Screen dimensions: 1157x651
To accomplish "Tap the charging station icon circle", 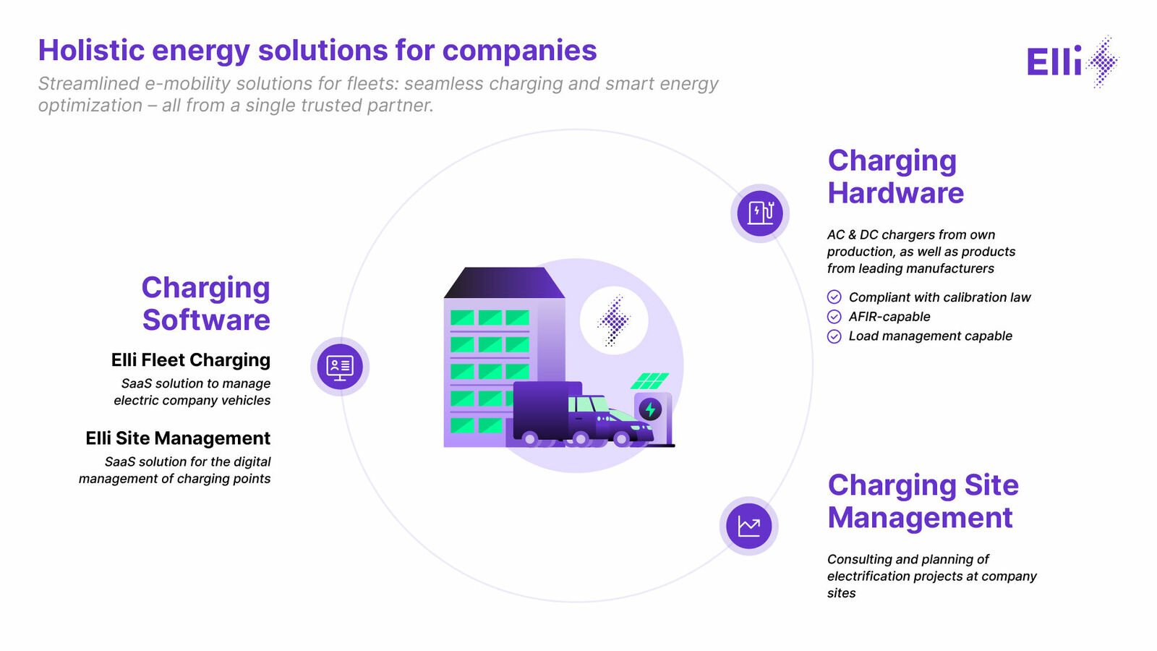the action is (x=760, y=213).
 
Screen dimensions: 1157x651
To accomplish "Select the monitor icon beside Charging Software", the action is (x=340, y=367).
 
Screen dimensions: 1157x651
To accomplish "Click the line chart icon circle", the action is (x=749, y=526).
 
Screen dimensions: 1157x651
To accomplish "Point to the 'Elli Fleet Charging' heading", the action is (x=191, y=360).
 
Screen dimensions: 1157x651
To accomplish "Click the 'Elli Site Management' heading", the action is (x=178, y=438).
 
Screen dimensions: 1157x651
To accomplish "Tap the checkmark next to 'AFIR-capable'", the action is (x=834, y=317).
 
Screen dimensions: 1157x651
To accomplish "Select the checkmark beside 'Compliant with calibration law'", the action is (x=834, y=297).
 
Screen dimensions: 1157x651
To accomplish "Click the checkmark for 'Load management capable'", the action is (x=834, y=336).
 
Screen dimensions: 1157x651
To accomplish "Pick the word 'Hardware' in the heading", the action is (x=896, y=192).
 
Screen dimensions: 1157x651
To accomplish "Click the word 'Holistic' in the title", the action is (x=91, y=51).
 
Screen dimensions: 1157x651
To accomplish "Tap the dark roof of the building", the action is (x=504, y=283).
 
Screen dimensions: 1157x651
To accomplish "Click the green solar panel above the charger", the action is (x=650, y=380).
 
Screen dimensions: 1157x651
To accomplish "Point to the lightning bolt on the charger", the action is (x=650, y=409).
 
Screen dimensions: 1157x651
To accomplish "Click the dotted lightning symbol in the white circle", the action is (x=614, y=320).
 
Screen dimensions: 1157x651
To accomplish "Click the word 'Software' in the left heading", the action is (x=206, y=320).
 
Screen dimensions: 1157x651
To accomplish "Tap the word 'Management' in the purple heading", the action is (x=920, y=518).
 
